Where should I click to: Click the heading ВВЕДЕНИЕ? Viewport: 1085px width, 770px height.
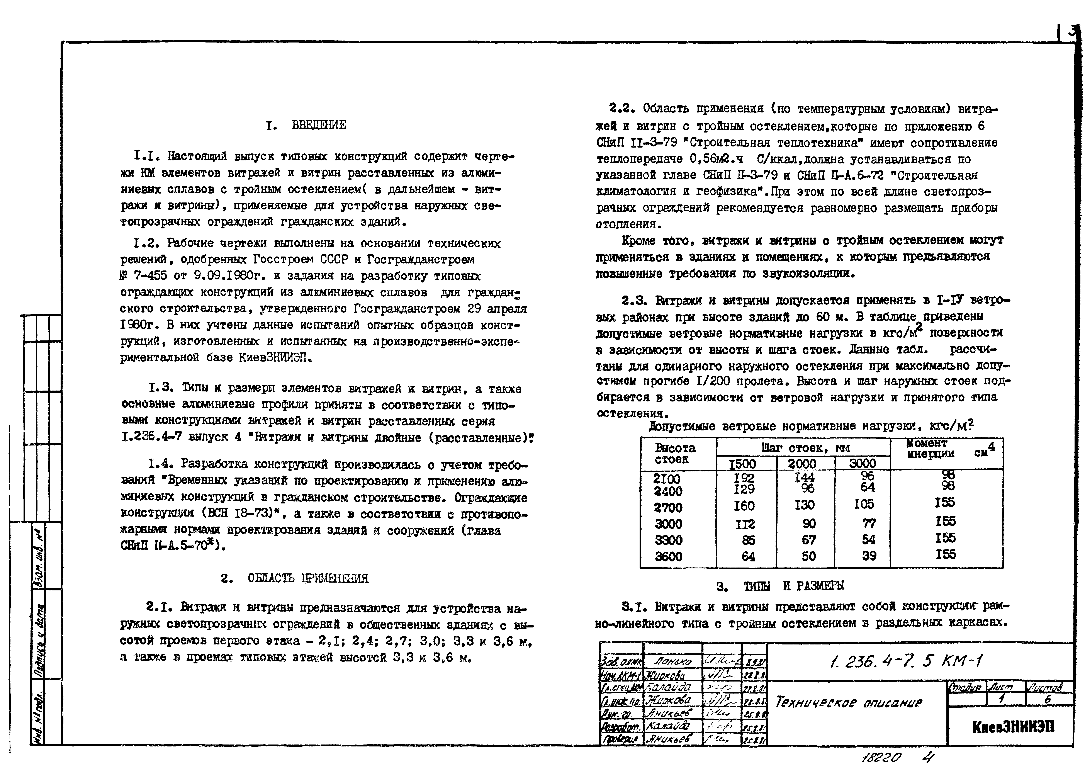click(319, 125)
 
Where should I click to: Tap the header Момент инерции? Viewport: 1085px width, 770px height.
click(930, 449)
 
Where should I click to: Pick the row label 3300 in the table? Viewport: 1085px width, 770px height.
click(668, 540)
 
